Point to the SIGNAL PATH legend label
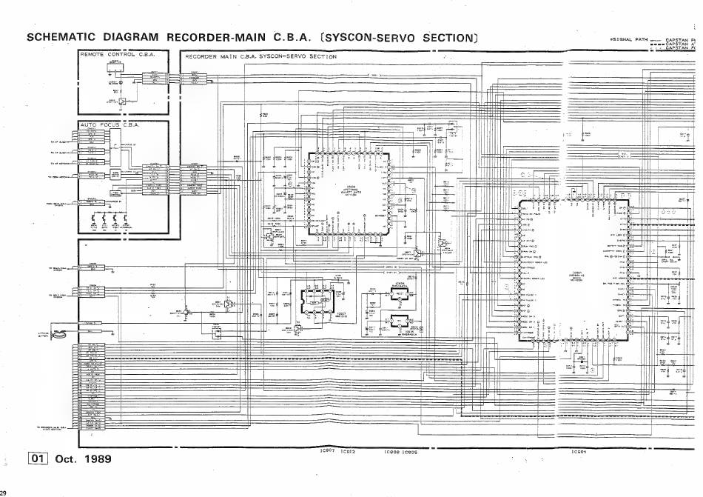pyautogui.click(x=629, y=39)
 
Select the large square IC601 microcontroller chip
pyautogui.click(x=576, y=269)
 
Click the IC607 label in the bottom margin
pyautogui.click(x=327, y=450)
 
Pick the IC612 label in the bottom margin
pyautogui.click(x=349, y=450)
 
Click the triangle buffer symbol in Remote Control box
pyautogui.click(x=123, y=101)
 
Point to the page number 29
pyautogui.click(x=3, y=493)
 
